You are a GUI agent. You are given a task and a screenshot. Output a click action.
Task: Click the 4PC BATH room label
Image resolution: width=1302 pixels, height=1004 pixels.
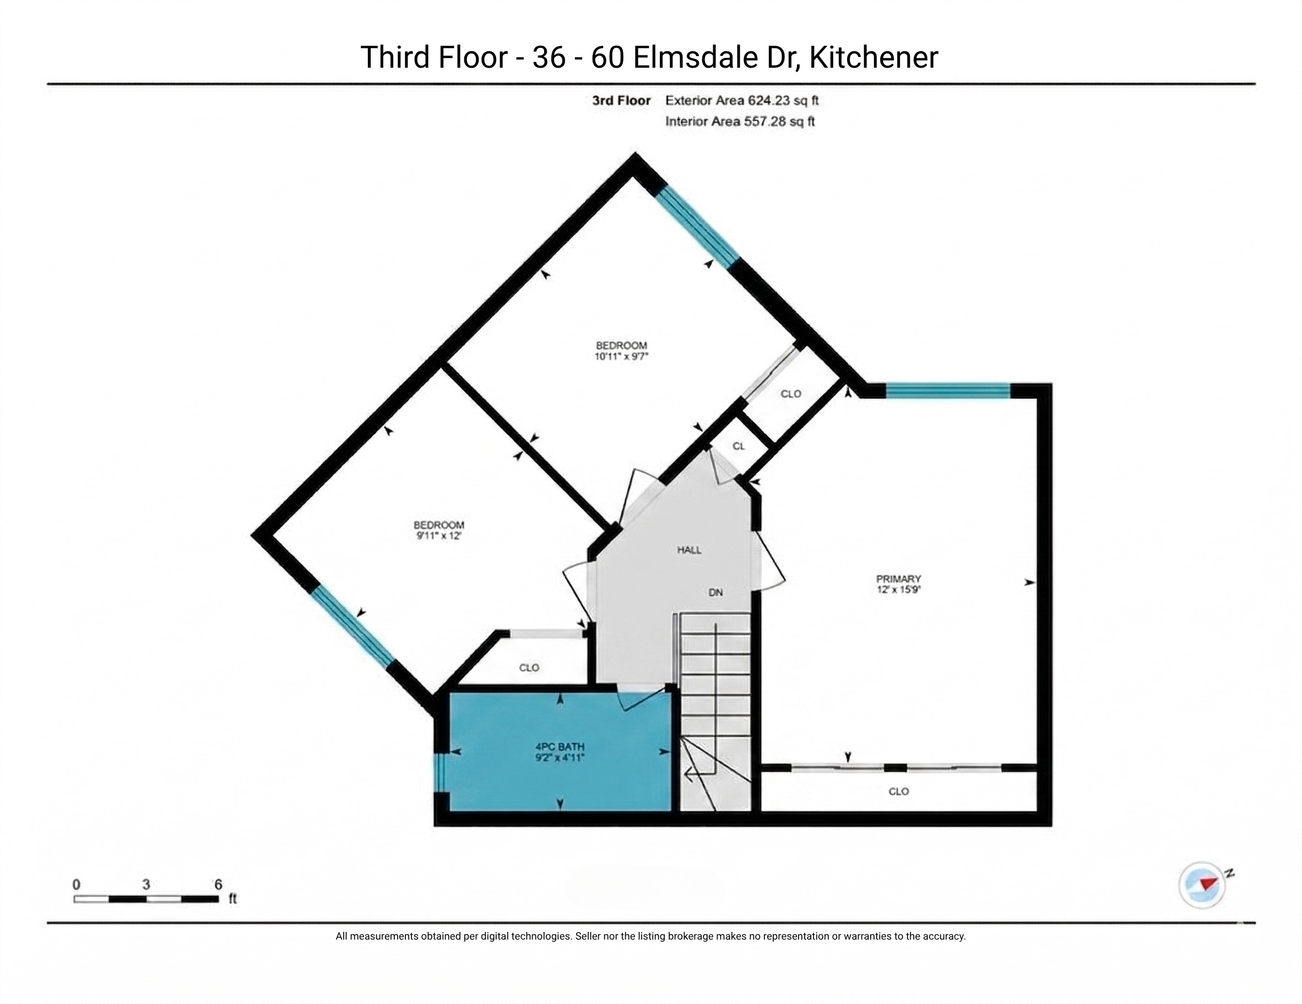pyautogui.click(x=560, y=746)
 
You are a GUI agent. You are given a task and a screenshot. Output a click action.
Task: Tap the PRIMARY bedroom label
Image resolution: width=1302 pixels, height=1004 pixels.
pyautogui.click(x=898, y=579)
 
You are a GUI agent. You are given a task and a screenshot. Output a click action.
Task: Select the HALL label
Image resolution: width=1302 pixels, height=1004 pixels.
pyautogui.click(x=689, y=550)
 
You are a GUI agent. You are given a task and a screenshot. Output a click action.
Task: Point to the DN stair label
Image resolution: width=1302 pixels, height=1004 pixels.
pyautogui.click(x=715, y=592)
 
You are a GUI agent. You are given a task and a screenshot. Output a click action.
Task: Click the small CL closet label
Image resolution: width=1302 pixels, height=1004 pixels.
pyautogui.click(x=739, y=446)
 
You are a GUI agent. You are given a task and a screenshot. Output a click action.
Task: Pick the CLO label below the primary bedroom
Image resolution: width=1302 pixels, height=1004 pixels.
pyautogui.click(x=898, y=792)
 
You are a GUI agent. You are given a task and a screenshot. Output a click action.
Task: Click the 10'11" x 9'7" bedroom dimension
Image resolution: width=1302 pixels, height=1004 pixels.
pyautogui.click(x=621, y=356)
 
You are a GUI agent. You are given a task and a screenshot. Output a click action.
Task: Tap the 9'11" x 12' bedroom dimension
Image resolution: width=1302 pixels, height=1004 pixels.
pyautogui.click(x=439, y=536)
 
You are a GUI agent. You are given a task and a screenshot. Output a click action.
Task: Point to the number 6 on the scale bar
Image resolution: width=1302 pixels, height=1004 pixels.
pyautogui.click(x=218, y=884)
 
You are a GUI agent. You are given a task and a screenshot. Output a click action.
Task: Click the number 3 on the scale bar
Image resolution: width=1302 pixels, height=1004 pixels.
pyautogui.click(x=146, y=884)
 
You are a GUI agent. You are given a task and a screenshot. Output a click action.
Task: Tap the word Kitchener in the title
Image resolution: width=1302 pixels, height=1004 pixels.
pyautogui.click(x=874, y=57)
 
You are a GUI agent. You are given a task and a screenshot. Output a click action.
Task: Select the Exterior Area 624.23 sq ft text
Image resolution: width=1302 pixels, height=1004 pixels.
pyautogui.click(x=742, y=100)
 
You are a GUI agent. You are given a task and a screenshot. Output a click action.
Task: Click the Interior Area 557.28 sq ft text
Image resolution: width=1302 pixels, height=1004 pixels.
pyautogui.click(x=740, y=122)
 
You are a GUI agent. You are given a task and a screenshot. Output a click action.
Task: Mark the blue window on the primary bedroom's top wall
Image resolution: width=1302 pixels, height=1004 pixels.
pyautogui.click(x=948, y=391)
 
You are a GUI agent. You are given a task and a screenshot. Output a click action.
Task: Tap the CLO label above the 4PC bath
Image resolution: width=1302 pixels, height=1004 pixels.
pyautogui.click(x=529, y=667)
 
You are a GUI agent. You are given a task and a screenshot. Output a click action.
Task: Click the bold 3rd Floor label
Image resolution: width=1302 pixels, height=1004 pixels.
pyautogui.click(x=621, y=100)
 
